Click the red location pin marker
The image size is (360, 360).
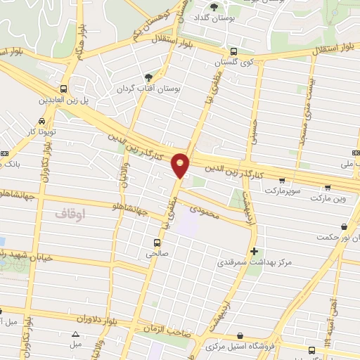click(x=181, y=165)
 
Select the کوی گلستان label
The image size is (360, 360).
click(x=233, y=62)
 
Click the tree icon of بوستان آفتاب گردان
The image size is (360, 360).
click(x=148, y=77)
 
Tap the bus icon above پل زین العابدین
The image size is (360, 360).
click(x=64, y=89)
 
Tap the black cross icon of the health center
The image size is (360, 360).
click(x=254, y=251)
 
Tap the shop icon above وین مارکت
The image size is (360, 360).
click(x=328, y=187)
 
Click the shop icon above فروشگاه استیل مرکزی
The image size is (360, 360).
click(x=240, y=336)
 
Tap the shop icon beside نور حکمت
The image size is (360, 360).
click(x=344, y=227)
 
